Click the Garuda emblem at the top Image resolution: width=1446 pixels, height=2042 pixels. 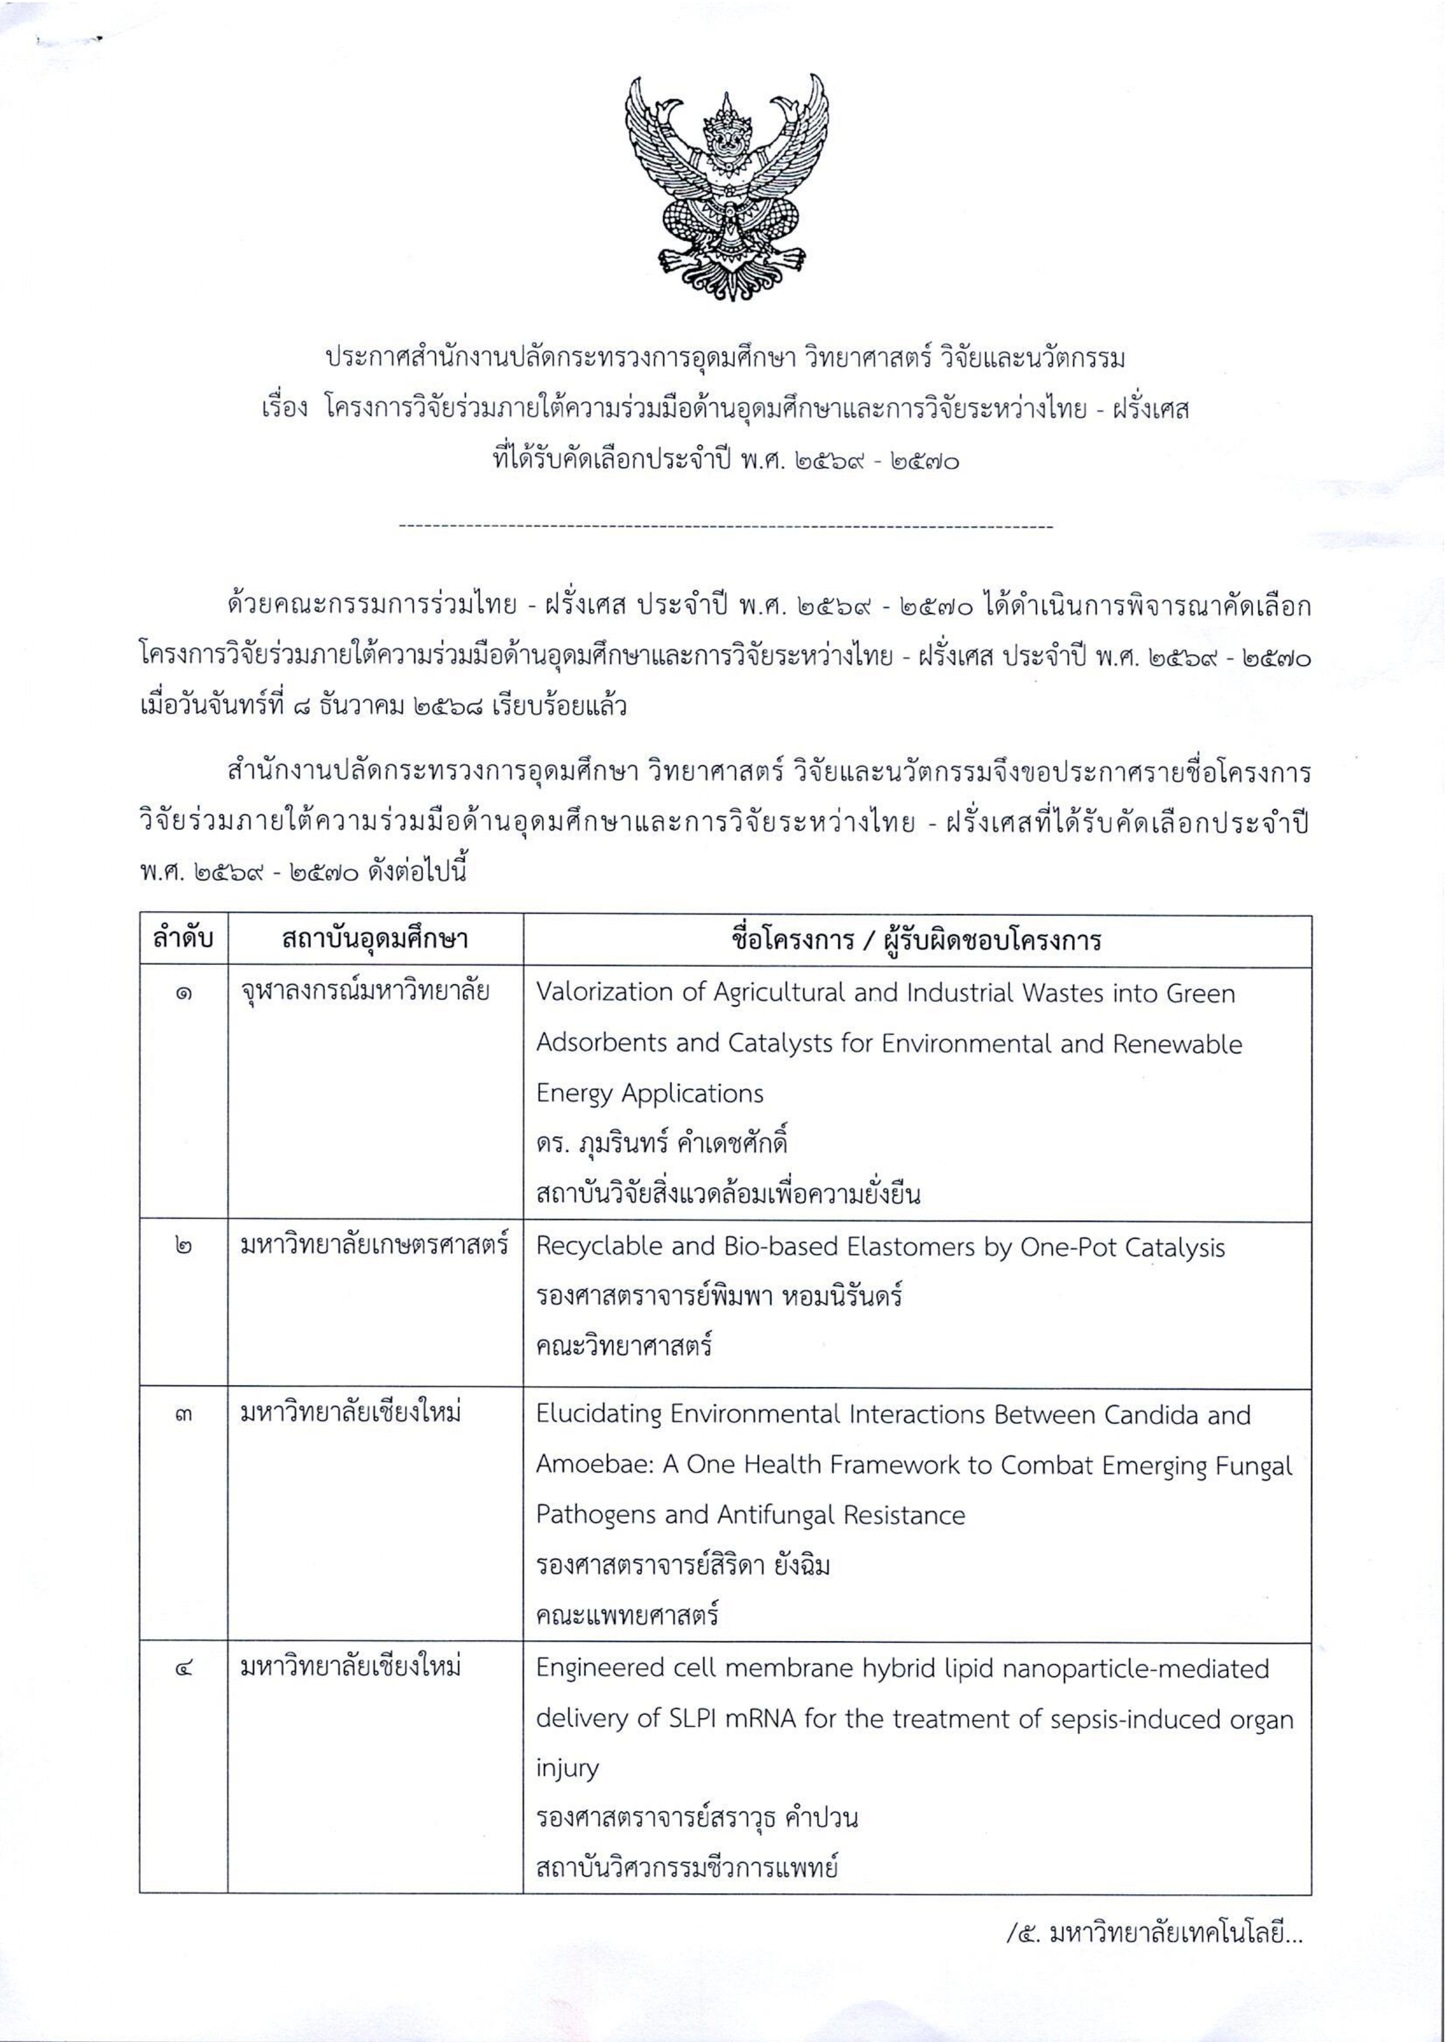click(x=726, y=187)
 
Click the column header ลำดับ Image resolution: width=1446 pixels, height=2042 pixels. click(x=183, y=939)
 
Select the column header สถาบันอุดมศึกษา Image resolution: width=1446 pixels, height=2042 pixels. click(x=375, y=939)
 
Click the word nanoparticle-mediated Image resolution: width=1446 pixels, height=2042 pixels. click(x=1135, y=1668)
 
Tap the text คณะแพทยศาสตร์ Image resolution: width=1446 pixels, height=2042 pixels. click(x=627, y=1616)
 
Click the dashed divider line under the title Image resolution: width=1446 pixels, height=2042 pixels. click(x=726, y=527)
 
